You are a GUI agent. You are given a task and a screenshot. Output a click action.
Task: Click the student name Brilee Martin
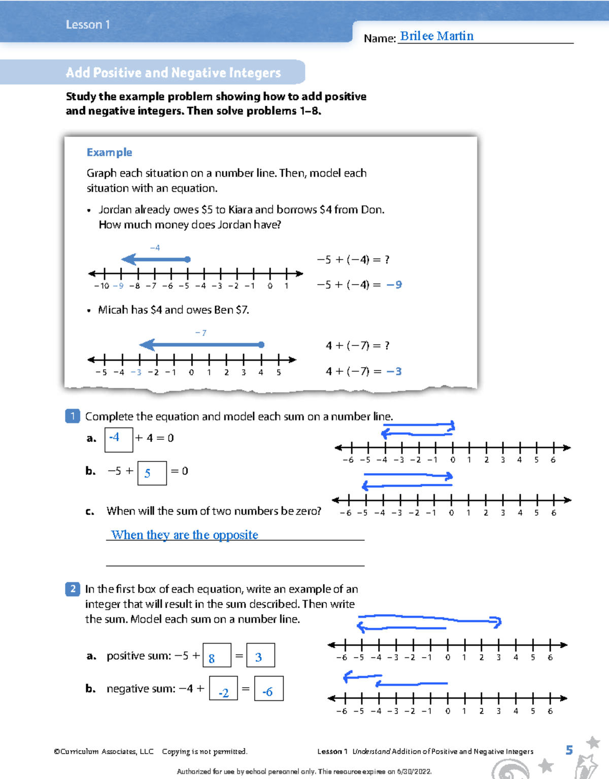coord(436,36)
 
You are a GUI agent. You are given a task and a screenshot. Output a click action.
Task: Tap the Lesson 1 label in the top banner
coord(88,24)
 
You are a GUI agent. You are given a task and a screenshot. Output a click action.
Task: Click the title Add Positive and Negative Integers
coord(173,73)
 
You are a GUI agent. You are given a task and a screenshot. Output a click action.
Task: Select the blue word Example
coord(109,152)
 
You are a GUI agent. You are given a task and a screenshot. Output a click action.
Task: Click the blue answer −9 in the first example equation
coord(394,285)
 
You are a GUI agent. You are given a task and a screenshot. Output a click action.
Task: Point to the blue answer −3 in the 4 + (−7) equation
coord(394,371)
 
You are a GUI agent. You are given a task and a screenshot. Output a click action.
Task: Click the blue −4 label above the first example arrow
coord(155,247)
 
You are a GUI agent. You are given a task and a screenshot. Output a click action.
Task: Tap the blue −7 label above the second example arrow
coord(200,333)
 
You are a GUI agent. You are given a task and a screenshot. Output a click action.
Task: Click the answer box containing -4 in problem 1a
coord(119,439)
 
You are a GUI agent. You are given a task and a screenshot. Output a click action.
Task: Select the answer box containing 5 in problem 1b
coord(152,473)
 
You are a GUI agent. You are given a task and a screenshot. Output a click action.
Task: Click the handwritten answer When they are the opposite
coord(185,535)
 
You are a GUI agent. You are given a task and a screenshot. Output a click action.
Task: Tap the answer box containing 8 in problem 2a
coord(217,655)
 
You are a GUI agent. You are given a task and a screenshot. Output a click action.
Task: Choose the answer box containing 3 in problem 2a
coord(260,655)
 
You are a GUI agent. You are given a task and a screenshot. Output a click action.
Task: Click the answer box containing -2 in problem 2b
coord(223,689)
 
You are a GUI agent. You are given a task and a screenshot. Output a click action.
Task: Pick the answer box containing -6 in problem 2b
coord(268,689)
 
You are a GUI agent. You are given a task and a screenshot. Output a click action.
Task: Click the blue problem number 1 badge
coord(73,416)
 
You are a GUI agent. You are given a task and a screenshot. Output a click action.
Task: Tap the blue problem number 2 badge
coord(73,589)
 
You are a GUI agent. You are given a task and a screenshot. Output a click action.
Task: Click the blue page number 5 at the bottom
coord(569,750)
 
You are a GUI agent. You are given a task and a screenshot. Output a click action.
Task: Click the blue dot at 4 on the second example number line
coord(261,345)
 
